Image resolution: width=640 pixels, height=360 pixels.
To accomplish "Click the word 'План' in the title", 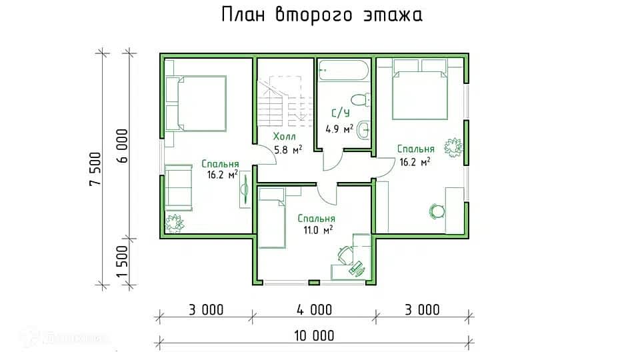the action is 243,15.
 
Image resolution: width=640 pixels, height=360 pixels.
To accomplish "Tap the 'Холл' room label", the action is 285,136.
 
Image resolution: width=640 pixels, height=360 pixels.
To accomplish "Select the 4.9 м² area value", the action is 339,129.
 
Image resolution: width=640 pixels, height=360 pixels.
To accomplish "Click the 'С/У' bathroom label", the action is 341,113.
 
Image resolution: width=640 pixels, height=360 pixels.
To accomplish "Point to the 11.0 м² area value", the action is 318,230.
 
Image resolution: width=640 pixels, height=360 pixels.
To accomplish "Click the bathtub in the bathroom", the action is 343,70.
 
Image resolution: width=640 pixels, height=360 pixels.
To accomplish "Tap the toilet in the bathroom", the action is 361,100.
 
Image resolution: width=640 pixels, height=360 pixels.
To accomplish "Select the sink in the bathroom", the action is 363,130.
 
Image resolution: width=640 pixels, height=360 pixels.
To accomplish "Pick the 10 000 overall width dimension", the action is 314,335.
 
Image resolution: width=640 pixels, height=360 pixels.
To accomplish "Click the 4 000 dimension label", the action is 314,310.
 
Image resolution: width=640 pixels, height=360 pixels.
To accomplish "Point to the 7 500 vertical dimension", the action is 95,169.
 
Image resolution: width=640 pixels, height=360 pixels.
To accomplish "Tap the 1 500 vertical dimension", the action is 123,261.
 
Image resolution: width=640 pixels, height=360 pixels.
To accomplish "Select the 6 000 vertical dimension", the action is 123,146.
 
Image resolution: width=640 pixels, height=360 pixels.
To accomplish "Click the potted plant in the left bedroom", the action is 175,223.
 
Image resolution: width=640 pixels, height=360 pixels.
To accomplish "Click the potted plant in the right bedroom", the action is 454,147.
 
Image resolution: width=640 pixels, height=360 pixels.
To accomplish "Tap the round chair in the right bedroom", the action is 437,211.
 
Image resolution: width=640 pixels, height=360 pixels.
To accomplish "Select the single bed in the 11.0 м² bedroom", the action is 272,218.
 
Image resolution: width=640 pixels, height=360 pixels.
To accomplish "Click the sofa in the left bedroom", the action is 179,188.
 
